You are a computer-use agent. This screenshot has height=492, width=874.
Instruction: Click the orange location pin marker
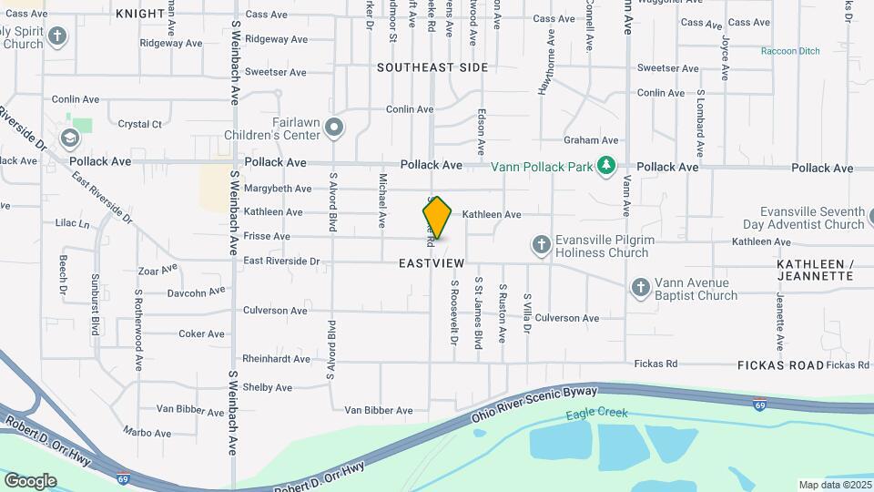pos(437,217)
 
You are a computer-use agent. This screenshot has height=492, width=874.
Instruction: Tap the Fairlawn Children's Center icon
pos(335,128)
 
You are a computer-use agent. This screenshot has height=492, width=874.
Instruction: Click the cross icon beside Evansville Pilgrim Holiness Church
pos(542,243)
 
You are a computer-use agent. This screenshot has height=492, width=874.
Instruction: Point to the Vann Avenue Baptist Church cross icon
pos(641,288)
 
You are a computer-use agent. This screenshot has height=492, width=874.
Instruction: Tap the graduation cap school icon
pos(67,138)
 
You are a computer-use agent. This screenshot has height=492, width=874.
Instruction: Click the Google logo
pos(31,480)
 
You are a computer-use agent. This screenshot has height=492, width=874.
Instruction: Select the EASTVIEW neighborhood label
pos(432,263)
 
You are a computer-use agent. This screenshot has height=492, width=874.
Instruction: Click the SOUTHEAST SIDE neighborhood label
pos(432,67)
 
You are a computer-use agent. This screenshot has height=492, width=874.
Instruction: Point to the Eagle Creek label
pos(597,413)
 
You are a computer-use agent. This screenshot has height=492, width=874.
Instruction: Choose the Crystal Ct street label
pos(140,124)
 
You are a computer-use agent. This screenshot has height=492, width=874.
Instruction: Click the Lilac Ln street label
pos(73,223)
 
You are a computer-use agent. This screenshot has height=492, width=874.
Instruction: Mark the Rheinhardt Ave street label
pos(276,359)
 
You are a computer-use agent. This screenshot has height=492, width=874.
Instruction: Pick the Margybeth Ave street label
pos(278,189)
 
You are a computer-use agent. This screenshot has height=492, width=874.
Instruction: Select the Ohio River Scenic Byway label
pos(534,403)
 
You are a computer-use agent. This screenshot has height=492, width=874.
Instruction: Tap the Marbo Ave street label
pos(147,432)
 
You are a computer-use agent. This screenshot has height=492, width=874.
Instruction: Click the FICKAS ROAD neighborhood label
pos(780,364)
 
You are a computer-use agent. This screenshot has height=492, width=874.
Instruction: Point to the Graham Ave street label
pos(591,140)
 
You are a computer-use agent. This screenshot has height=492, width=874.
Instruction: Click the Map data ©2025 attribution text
pos(834,485)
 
